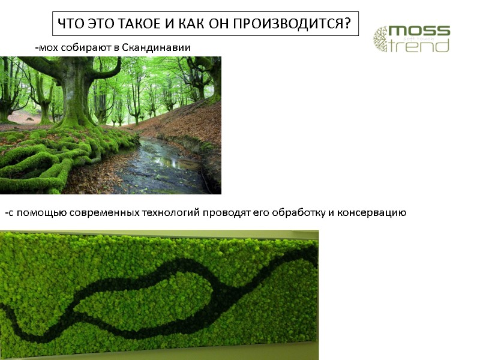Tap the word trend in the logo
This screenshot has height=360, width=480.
[420, 46]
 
